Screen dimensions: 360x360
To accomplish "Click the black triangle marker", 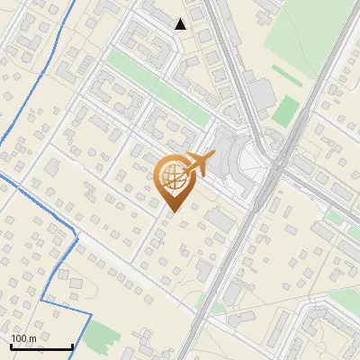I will [181, 24].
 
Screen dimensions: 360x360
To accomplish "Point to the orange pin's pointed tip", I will [171, 211].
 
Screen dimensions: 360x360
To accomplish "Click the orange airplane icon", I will [199, 164].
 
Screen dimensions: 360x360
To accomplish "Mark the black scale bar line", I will [41, 346].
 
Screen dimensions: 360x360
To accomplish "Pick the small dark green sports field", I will [286, 111].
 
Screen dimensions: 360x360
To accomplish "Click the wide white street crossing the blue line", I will [135, 270].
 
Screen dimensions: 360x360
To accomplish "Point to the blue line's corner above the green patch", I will [91, 311].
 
